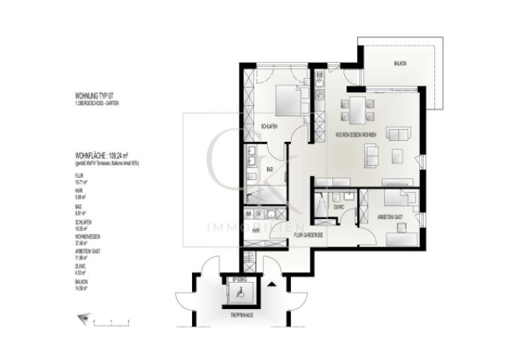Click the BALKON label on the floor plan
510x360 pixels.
400,64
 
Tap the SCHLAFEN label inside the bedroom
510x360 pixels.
269,126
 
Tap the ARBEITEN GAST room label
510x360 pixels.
391,215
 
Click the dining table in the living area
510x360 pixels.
358,110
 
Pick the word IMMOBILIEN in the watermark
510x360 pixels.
255,226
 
